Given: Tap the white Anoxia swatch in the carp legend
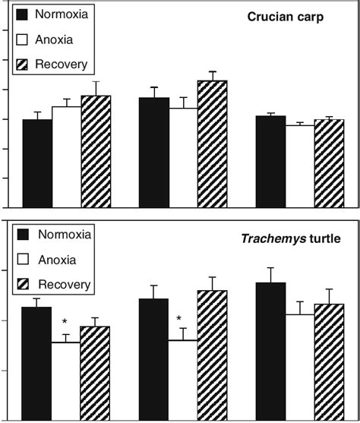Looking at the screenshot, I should tap(24, 39).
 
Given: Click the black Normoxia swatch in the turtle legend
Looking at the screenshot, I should tap(24, 235).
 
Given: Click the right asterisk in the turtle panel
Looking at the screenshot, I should tap(178, 319).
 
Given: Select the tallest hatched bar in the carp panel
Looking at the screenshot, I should tap(212, 143).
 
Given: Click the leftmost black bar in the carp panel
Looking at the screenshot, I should tap(36, 163).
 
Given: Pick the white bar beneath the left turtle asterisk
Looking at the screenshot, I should tap(65, 380).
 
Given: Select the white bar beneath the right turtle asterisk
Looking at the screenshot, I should tap(182, 380).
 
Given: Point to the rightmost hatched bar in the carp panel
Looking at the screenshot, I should tap(329, 163).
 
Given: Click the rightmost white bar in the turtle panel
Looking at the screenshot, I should tap(299, 367).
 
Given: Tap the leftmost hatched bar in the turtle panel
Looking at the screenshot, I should tap(95, 373).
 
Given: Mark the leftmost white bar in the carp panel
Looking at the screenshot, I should tap(66, 156).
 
